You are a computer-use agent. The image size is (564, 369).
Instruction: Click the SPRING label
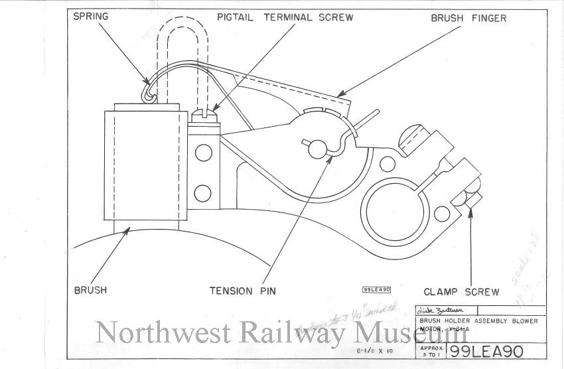(91, 15)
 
